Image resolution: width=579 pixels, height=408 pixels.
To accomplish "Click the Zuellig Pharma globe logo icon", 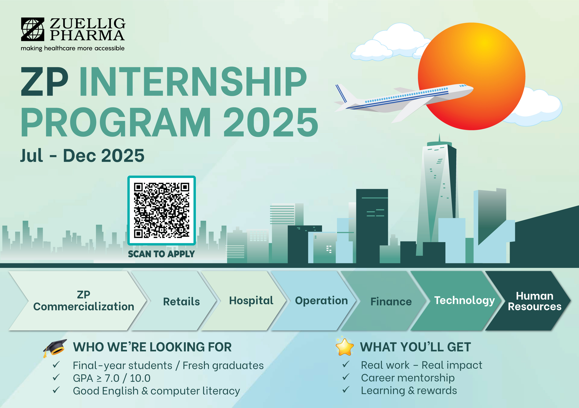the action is [x=33, y=29].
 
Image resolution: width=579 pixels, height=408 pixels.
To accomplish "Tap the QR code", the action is [x=162, y=210].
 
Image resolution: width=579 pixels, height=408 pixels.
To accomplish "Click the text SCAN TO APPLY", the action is [x=161, y=254].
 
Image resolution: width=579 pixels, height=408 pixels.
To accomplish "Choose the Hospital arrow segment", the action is [x=247, y=301].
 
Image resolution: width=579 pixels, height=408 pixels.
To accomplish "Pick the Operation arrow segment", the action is [x=317, y=301].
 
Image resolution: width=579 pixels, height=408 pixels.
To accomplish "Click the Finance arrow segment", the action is [x=387, y=301].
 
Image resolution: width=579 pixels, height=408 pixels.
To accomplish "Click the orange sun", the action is [x=472, y=76].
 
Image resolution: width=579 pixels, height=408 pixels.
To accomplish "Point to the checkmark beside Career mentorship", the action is [x=346, y=377].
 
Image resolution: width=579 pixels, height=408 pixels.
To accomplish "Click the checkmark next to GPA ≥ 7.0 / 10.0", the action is [x=56, y=377].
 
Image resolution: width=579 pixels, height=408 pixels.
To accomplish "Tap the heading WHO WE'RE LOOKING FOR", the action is [x=152, y=347].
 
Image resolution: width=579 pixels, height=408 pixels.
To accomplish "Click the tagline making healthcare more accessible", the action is [x=73, y=48].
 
